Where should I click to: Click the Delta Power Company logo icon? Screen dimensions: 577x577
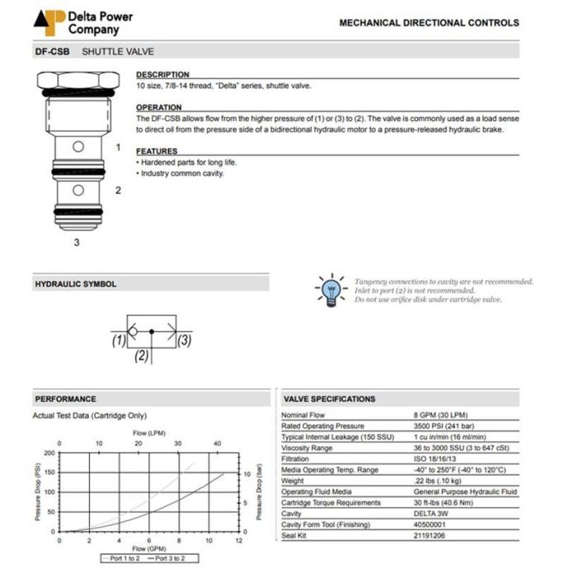click(x=49, y=22)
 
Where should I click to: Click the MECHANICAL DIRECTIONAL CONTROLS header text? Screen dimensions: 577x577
click(x=429, y=22)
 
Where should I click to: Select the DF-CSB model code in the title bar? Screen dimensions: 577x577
click(x=51, y=51)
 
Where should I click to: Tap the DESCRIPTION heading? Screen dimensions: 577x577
click(x=162, y=75)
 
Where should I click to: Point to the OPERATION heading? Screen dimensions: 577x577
click(x=159, y=108)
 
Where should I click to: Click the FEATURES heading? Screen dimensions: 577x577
click(x=157, y=152)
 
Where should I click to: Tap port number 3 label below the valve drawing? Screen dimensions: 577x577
click(x=77, y=242)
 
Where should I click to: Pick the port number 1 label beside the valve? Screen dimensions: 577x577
click(x=118, y=148)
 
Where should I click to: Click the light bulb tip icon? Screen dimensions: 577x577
click(x=331, y=289)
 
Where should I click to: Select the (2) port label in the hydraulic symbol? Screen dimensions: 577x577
click(x=142, y=356)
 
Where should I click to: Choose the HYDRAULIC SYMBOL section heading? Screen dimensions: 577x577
click(x=75, y=284)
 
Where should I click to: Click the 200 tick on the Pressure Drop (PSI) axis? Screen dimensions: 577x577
click(x=49, y=453)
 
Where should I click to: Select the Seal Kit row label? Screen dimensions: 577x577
click(x=295, y=536)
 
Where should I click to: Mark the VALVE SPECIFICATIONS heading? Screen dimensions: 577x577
click(x=330, y=399)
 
